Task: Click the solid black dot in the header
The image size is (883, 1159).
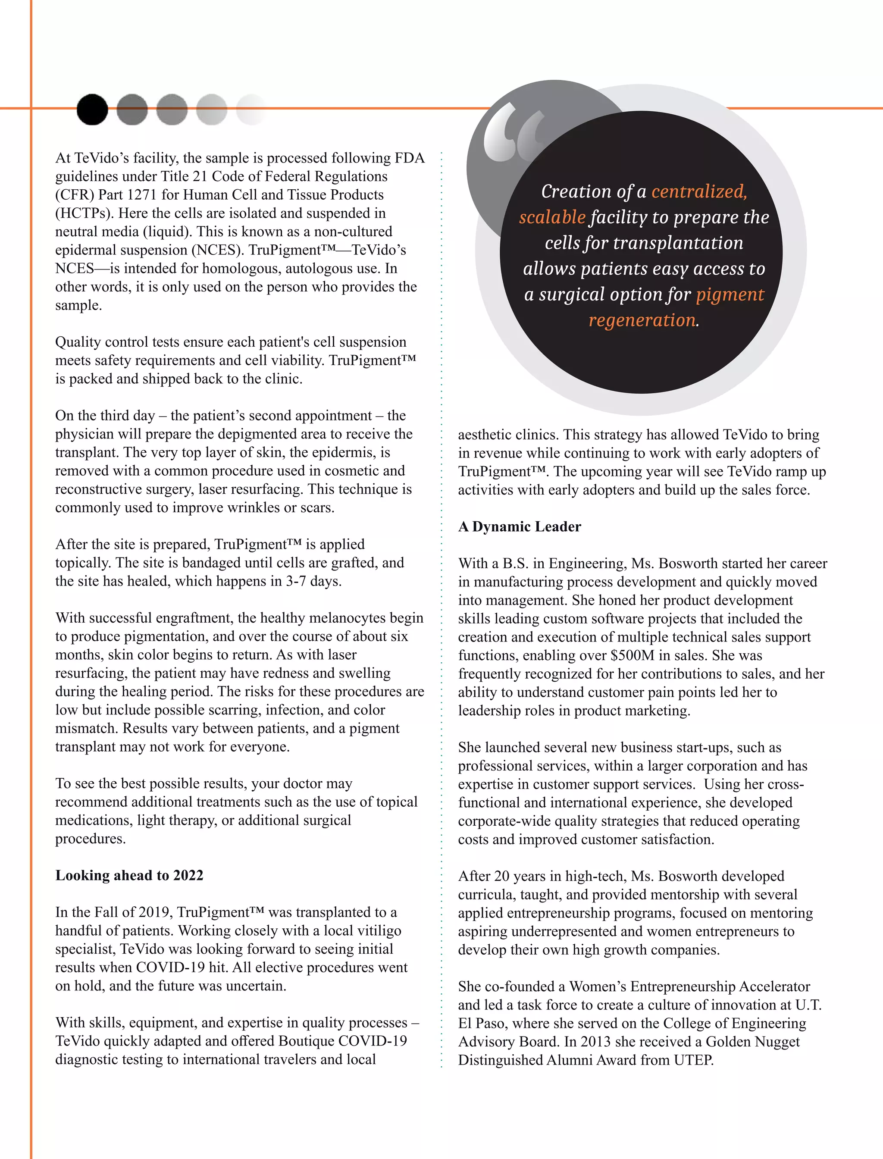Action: tap(92, 110)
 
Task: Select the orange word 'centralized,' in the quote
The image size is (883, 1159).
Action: tap(699, 191)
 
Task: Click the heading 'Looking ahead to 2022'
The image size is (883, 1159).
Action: tap(129, 875)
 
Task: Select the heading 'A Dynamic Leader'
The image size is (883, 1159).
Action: tap(519, 526)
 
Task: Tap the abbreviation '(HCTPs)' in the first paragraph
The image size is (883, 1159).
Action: tap(84, 213)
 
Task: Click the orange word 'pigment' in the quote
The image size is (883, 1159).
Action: tap(730, 294)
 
